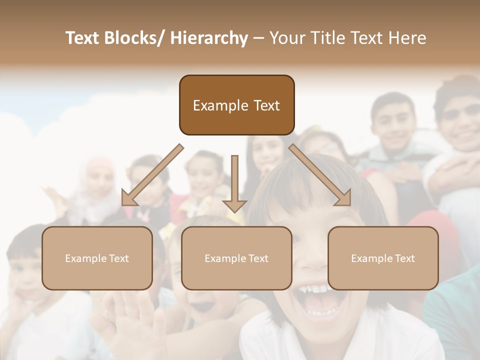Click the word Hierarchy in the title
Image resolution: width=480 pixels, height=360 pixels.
(209, 38)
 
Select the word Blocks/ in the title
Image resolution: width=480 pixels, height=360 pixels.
(136, 38)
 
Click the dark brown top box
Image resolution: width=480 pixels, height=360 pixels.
(236, 105)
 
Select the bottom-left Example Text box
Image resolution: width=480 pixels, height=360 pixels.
(97, 258)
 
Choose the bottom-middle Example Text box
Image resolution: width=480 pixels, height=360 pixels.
(236, 258)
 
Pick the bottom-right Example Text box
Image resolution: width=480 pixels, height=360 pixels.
(383, 258)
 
